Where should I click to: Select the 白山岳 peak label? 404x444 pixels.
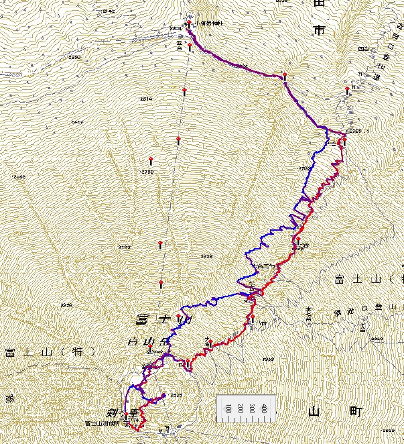[149, 342]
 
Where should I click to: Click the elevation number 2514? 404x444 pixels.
[145, 99]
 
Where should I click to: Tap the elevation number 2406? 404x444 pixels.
[77, 122]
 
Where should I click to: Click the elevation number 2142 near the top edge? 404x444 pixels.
[109, 11]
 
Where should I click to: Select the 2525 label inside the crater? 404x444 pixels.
[176, 395]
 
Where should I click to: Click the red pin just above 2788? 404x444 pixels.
[151, 160]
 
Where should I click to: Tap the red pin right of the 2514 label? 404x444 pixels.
[184, 90]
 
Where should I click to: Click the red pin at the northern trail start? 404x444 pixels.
[190, 23]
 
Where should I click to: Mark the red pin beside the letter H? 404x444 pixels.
[347, 89]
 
